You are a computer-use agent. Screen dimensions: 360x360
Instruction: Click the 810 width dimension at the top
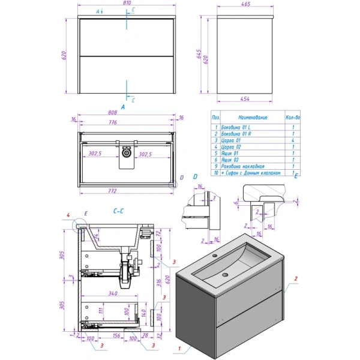(x=127, y=4)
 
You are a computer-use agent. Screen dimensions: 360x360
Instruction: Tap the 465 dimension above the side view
(x=246, y=4)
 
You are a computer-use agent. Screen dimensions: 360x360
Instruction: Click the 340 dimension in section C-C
(x=110, y=294)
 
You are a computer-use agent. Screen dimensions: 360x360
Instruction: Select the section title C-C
(x=118, y=211)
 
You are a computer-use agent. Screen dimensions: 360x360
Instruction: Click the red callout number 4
(x=68, y=214)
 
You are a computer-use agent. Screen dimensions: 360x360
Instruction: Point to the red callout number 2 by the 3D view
(x=296, y=278)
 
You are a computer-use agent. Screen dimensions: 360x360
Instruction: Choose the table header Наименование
(x=253, y=118)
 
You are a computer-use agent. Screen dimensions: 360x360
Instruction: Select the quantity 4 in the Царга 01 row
(x=293, y=139)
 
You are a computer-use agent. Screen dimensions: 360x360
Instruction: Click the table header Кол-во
(x=292, y=118)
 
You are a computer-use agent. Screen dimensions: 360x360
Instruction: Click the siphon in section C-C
(x=125, y=273)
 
